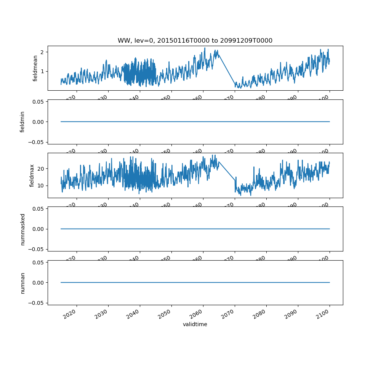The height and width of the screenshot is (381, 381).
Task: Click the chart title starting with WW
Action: click(x=195, y=40)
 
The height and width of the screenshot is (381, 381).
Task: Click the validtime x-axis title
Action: click(x=195, y=324)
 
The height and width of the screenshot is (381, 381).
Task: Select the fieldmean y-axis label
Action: click(x=35, y=68)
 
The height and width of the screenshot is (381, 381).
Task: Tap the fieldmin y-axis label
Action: click(x=22, y=122)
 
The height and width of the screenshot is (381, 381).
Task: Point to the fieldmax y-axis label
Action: click(x=32, y=175)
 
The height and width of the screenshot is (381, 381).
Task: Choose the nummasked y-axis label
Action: click(x=22, y=229)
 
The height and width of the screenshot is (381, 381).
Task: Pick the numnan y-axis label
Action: click(x=22, y=283)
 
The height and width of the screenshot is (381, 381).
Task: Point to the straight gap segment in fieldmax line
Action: click(x=227, y=171)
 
